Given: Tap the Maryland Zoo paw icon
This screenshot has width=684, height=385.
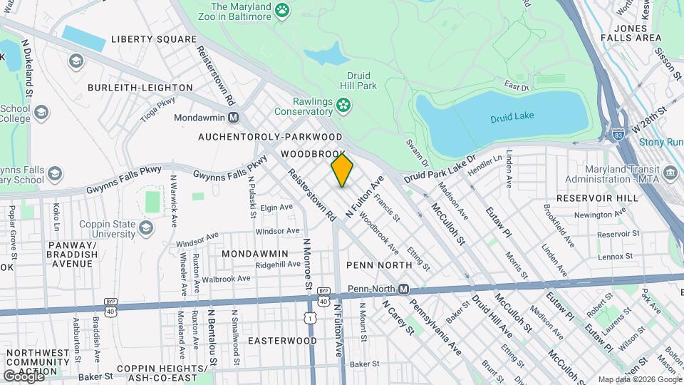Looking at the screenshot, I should click(x=283, y=10).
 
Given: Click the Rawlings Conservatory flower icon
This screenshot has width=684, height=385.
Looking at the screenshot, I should click(x=343, y=106).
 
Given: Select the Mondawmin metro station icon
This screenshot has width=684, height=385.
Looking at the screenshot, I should click(x=234, y=117).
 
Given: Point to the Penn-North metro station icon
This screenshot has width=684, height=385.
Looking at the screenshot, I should click(x=403, y=289).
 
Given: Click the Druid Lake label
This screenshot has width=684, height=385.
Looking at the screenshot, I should click(x=512, y=116).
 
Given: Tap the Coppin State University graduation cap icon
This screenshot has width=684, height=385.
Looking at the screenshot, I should click(x=146, y=227).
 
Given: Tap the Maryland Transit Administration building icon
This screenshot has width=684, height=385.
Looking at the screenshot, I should click(x=670, y=173).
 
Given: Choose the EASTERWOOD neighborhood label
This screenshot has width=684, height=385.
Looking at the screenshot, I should click(x=282, y=341).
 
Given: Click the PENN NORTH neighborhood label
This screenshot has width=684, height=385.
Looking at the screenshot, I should click(x=379, y=265).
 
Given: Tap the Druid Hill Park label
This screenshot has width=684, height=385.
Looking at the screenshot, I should click(x=361, y=80).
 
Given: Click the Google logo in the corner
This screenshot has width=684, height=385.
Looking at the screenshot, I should click(x=24, y=375).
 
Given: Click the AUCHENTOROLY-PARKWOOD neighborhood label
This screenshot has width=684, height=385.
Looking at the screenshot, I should click(x=270, y=136).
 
